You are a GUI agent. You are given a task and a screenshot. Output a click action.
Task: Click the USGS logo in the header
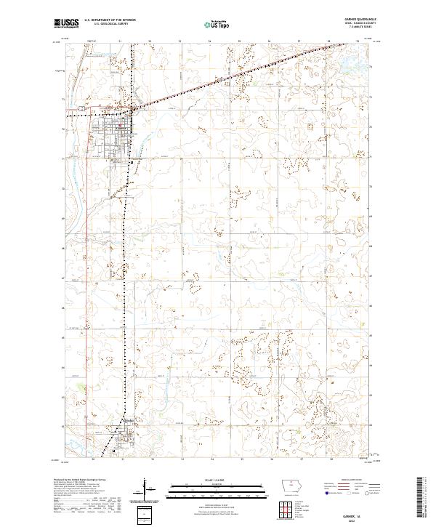tap(66, 23)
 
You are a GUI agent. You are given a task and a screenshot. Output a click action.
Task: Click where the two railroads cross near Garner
tap(130, 111)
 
